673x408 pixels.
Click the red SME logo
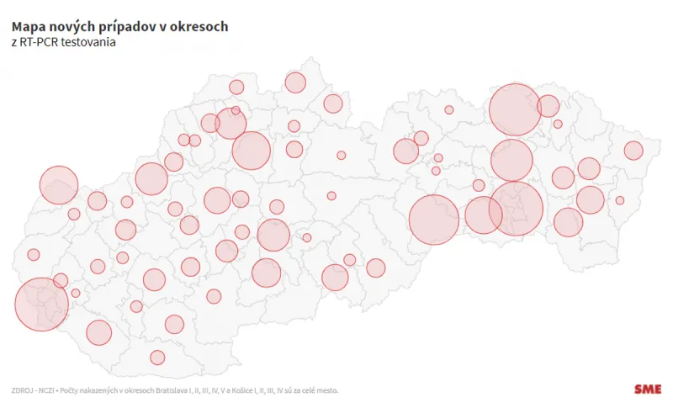648,389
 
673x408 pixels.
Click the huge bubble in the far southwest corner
41,304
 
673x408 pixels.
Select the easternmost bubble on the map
633,151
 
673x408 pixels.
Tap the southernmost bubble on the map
157,358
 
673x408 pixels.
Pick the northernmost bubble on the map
295,82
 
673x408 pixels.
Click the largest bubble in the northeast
515,109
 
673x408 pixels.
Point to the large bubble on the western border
58,185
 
